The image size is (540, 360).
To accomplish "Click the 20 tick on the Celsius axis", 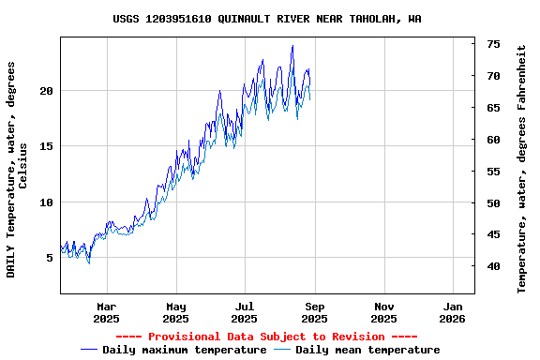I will click(47, 91).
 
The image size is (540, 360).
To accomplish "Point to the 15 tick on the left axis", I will click(47, 146).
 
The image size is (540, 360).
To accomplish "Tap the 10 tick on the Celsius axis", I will click(47, 202).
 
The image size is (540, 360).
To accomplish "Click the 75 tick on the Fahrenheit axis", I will click(493, 44).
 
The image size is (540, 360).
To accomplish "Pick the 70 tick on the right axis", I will click(493, 76).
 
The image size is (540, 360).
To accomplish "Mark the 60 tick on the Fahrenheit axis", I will click(493, 140).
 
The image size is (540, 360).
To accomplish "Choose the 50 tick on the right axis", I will click(493, 203).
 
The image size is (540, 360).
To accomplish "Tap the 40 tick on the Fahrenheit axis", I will click(493, 266).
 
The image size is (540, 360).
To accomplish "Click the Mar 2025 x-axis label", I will click(106, 312).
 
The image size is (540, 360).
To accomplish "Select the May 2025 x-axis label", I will click(175, 312).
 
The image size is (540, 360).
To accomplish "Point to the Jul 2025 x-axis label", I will click(245, 312).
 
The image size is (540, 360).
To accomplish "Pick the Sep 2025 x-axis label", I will click(314, 312).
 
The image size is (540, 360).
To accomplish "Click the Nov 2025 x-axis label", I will click(383, 312).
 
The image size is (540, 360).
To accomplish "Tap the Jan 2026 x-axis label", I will click(453, 312).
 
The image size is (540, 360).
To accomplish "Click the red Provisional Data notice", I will click(266, 337).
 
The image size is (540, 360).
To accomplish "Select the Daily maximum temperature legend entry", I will click(184, 351).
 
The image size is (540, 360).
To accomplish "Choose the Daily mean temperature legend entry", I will click(367, 351).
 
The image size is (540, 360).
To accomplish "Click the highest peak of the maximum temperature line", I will click(292, 46).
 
